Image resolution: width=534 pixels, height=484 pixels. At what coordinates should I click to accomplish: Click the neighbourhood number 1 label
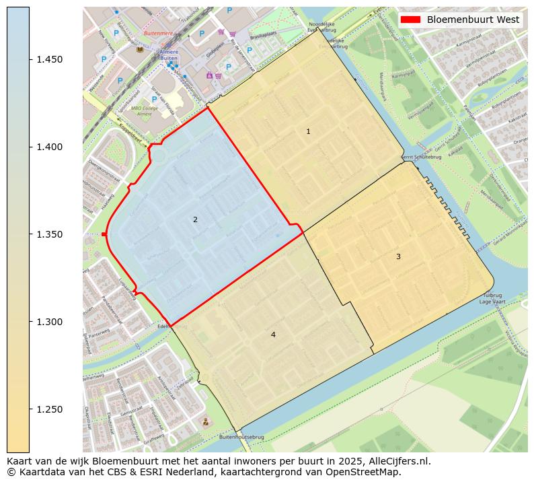[x=308, y=132]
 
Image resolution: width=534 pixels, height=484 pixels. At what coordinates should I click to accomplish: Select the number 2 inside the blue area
[x=195, y=219]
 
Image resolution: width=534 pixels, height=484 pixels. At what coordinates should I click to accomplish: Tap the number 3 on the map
[x=398, y=256]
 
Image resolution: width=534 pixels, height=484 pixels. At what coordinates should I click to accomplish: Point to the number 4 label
[x=273, y=335]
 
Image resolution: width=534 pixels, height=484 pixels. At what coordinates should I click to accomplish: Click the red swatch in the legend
[x=411, y=20]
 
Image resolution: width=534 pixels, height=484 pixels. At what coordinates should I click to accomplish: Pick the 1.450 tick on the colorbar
[x=50, y=59]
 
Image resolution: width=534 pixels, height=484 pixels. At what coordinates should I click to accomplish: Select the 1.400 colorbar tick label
[x=50, y=147]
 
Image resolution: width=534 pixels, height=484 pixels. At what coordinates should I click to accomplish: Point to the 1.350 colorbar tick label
[x=50, y=234]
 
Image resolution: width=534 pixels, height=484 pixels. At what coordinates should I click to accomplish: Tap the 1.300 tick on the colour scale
[x=50, y=322]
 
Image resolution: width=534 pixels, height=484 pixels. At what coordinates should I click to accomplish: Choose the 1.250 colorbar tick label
[x=50, y=409]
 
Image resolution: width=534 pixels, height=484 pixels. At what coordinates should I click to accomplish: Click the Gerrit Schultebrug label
[x=417, y=158]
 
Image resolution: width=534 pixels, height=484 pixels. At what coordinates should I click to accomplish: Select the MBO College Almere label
[x=145, y=111]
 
